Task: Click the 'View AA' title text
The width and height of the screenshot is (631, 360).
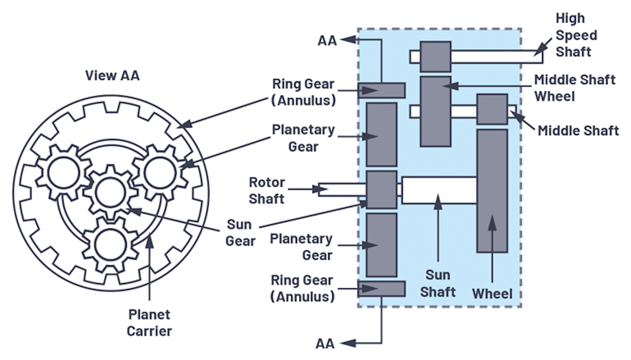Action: (113, 75)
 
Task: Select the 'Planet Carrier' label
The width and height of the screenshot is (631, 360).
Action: (149, 322)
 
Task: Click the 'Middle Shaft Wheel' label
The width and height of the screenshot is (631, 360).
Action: (574, 88)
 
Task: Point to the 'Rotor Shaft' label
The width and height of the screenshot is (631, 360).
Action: (267, 190)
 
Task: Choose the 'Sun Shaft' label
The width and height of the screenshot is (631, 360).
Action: (438, 283)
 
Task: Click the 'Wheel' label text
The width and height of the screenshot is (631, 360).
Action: (492, 293)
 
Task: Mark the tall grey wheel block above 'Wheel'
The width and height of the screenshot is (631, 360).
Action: (492, 191)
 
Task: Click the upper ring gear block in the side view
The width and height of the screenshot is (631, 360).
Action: (381, 90)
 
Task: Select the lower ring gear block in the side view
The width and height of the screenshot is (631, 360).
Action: (381, 289)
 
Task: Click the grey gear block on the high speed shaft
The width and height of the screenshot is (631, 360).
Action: (435, 57)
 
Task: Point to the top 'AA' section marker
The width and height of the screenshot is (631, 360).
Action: (327, 40)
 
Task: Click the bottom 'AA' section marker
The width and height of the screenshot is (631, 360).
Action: (325, 343)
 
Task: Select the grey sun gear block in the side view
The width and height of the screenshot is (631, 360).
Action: (381, 190)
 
